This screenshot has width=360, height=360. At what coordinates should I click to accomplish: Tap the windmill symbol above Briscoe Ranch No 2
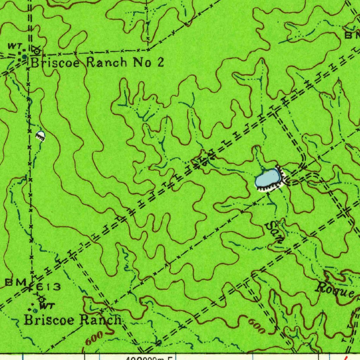36,51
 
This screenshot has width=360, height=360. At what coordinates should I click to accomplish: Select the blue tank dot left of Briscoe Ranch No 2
24,56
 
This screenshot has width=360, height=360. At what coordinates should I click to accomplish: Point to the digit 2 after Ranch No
160,63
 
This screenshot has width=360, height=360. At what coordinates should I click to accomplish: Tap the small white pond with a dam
40,135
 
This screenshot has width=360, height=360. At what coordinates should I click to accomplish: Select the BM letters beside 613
16,282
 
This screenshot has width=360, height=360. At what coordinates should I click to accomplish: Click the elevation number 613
49,287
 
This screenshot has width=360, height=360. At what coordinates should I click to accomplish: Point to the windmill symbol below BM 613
42,299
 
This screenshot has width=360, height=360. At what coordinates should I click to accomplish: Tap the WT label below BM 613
47,306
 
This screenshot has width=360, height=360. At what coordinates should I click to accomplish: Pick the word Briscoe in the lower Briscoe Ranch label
49,320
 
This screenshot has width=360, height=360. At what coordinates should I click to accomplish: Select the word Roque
334,290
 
